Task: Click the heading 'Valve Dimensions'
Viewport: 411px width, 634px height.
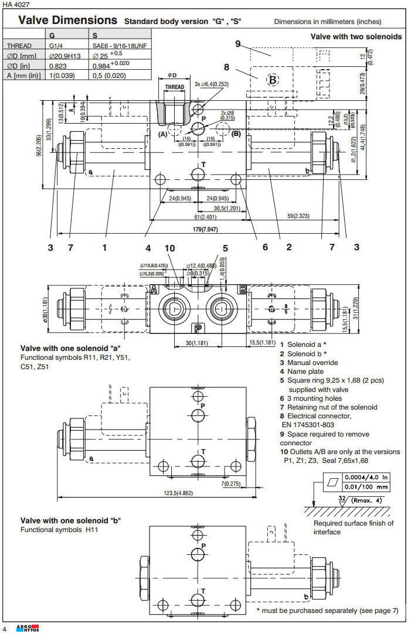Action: click(67, 21)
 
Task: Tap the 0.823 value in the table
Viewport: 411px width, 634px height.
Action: click(58, 66)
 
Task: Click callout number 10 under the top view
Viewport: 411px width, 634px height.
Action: click(169, 248)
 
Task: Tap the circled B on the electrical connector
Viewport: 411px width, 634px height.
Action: click(273, 79)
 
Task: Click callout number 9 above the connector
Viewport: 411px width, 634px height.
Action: click(238, 43)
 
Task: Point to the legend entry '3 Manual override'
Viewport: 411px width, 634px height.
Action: click(309, 363)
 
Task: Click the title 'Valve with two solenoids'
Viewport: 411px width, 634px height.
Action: click(356, 36)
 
